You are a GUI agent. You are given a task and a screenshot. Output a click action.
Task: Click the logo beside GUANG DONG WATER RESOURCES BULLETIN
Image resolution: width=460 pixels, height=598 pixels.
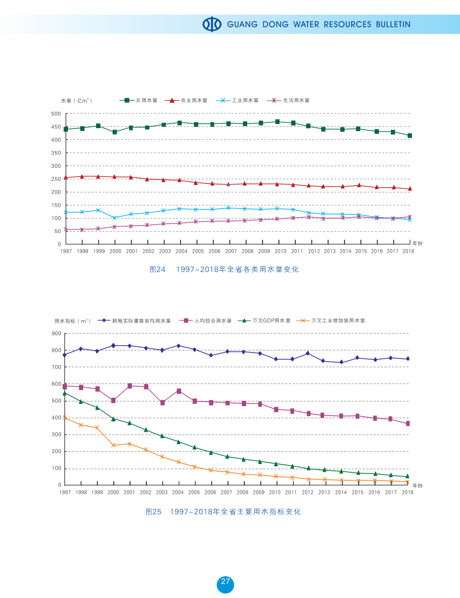click(212, 24)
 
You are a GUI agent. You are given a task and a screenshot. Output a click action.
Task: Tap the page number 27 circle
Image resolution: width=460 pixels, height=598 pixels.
click(226, 583)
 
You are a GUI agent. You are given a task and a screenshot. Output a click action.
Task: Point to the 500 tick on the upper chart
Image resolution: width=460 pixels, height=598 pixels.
click(56, 114)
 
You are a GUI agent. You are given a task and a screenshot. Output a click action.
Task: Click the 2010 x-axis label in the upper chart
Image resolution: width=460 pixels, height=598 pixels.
click(281, 251)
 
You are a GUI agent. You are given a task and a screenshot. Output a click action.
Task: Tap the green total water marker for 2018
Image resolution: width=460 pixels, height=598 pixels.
click(409, 136)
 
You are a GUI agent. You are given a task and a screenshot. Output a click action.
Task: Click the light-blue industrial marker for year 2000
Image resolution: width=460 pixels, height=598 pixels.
click(115, 218)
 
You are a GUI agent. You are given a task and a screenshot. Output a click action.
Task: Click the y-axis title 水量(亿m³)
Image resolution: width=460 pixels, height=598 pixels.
click(76, 101)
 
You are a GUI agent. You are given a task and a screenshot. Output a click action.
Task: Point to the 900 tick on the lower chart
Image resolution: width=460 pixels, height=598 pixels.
click(56, 334)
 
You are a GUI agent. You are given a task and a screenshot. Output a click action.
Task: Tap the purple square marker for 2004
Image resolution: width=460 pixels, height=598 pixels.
click(179, 391)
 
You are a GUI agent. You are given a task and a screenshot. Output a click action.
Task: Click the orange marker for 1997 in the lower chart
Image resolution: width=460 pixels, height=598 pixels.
click(64, 418)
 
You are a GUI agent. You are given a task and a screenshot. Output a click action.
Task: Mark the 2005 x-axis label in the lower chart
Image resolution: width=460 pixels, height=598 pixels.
click(194, 493)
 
